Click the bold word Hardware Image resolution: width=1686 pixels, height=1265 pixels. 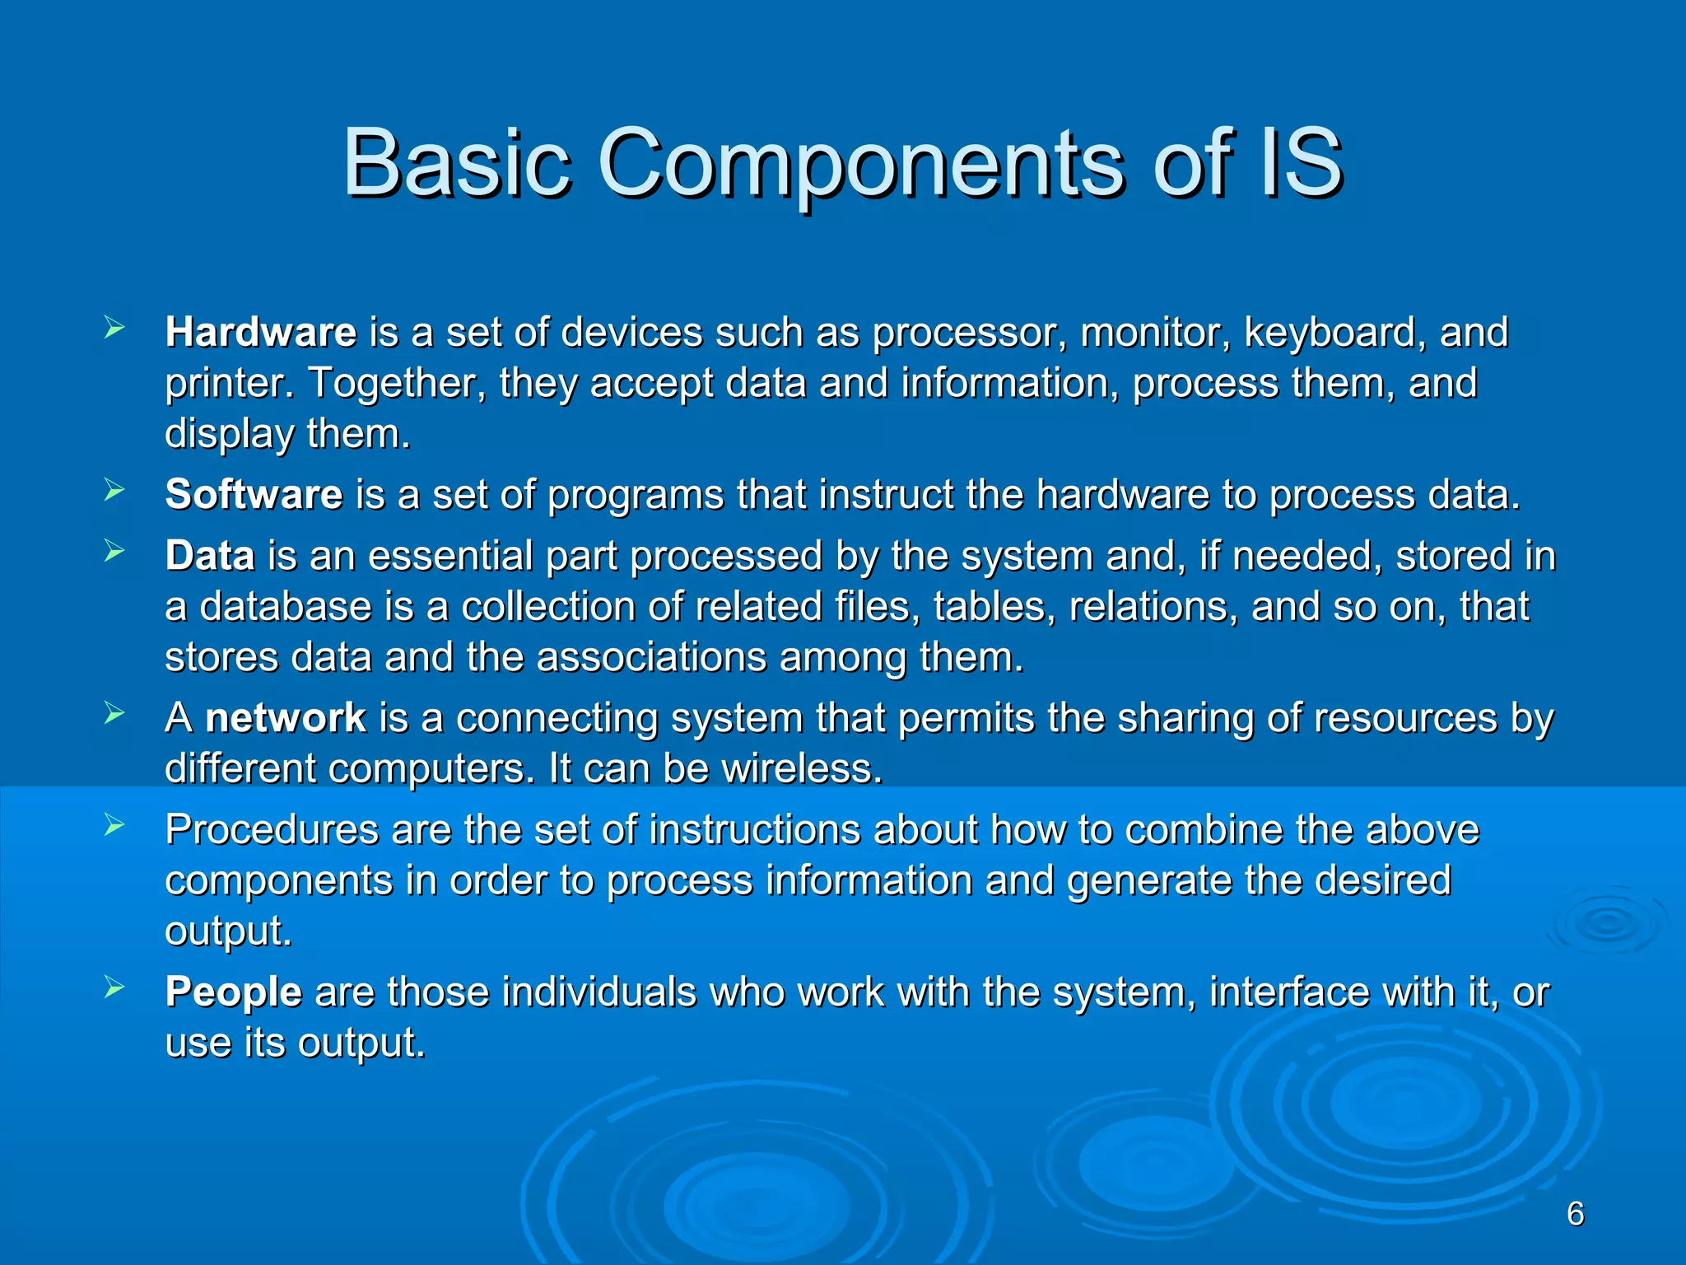coord(261,333)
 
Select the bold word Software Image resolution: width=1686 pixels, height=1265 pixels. coord(254,495)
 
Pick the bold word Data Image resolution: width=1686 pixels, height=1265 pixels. coord(210,556)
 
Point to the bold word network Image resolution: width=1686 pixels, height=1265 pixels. coord(285,718)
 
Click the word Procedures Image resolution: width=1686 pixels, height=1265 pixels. coord(272,829)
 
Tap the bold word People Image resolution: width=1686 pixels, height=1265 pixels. coord(234,992)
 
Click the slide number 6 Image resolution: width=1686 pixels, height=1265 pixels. coord(1575,1214)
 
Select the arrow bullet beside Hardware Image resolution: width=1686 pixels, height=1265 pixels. coord(114,329)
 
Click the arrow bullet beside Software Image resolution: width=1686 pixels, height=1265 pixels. coord(114,492)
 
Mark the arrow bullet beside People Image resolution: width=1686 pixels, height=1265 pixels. coord(114,988)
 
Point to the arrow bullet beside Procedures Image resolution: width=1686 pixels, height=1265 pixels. coord(114,826)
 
